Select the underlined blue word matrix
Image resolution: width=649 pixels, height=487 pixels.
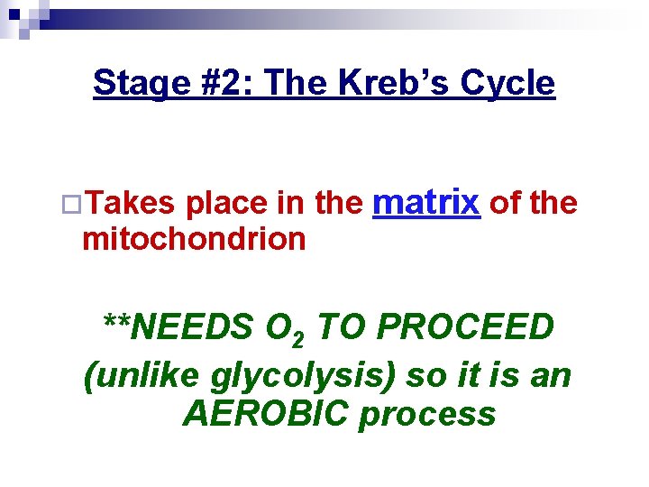click(x=425, y=202)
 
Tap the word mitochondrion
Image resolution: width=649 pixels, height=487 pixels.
click(x=193, y=239)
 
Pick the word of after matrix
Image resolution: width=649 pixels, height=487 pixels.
click(x=505, y=204)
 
